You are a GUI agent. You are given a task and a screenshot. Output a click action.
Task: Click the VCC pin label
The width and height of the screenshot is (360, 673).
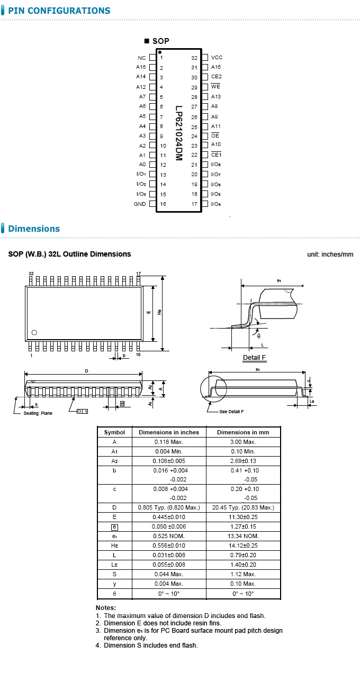tap(217, 58)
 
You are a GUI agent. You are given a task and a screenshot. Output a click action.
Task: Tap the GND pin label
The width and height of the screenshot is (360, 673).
tap(140, 204)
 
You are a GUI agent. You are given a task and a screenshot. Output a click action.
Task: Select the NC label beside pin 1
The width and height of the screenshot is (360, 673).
tap(141, 58)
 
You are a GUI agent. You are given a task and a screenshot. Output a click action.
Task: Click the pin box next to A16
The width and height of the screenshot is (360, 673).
tap(152, 67)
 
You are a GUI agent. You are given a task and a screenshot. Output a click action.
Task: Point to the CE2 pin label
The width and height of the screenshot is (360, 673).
tap(216, 77)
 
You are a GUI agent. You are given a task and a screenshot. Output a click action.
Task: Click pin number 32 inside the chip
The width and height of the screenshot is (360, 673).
tap(194, 58)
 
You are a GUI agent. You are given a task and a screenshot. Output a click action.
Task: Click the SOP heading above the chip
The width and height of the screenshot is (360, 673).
tap(160, 41)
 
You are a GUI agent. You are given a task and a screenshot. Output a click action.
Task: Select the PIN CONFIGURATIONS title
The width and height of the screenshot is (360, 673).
tap(59, 11)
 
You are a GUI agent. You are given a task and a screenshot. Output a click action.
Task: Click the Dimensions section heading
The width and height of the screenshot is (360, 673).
tap(34, 229)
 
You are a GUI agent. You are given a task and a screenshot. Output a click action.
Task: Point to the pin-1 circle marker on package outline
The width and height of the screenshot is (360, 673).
tap(34, 332)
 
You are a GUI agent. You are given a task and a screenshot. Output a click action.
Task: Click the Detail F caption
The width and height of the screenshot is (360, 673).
tap(254, 358)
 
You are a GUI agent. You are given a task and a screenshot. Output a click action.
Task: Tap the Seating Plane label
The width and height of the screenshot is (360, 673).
tap(38, 413)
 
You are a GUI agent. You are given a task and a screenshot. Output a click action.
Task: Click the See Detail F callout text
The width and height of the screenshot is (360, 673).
tap(232, 411)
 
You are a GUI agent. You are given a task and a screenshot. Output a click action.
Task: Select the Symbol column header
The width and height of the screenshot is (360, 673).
tap(114, 432)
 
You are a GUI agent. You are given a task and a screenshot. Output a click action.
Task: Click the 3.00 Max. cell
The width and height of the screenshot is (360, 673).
tap(243, 442)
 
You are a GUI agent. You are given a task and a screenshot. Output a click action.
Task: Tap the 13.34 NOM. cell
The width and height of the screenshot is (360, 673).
tap(243, 536)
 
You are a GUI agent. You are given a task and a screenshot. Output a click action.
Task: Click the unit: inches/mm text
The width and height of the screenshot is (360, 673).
tap(330, 254)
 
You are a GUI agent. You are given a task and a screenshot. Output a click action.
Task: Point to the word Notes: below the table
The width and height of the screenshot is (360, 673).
tap(106, 608)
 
